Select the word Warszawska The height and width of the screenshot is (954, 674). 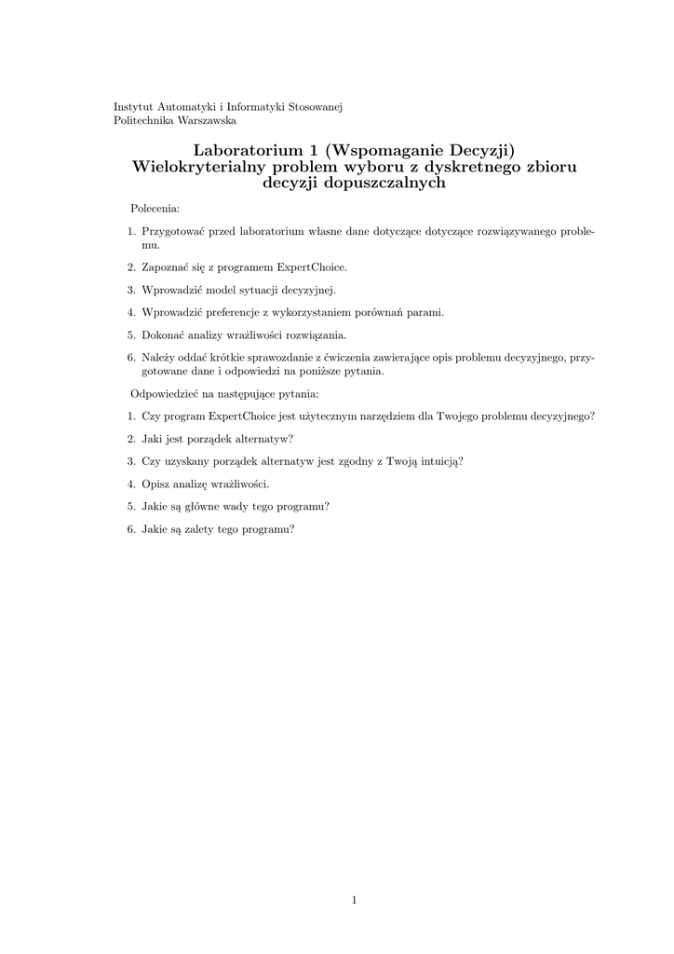209,120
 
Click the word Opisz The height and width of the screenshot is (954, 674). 156,484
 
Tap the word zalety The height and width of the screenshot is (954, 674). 186,529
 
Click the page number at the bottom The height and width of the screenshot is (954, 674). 355,899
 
